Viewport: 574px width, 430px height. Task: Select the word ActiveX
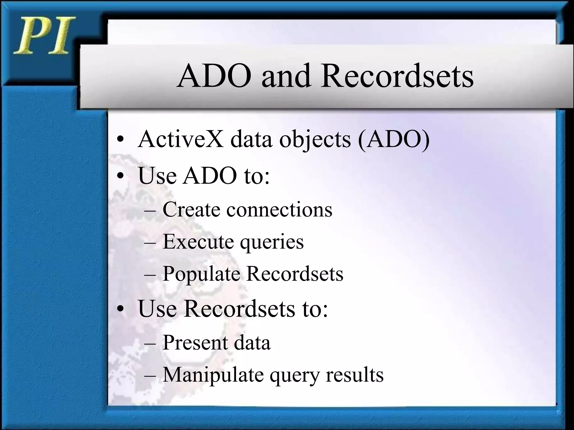[x=180, y=139]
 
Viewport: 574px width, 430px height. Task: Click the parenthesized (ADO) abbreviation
[x=394, y=139]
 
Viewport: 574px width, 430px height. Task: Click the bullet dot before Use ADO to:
[x=121, y=176]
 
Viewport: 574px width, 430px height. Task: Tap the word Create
[x=191, y=209]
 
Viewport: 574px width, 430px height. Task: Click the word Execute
[x=198, y=242]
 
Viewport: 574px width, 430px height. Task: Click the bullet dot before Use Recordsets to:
[x=121, y=309]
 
